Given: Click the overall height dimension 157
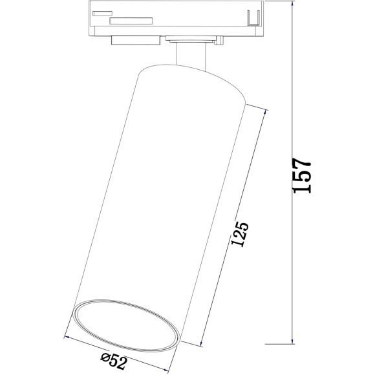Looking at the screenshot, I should [x=303, y=175].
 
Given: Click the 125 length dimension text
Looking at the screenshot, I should [x=240, y=235].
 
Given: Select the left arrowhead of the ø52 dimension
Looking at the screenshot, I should [x=67, y=337].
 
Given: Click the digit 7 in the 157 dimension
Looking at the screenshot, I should [x=303, y=162].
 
